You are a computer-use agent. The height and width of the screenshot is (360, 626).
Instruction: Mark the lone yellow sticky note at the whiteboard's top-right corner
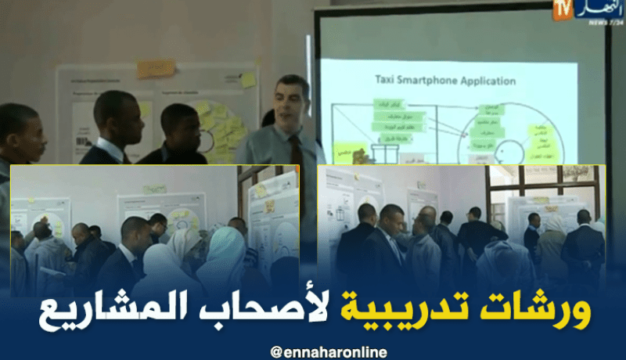coord(248,80)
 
